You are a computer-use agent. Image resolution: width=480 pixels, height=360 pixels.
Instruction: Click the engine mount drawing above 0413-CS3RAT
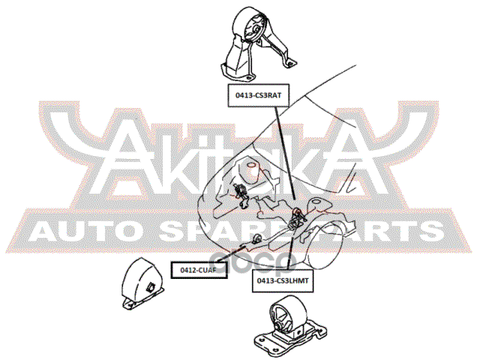(x=251, y=46)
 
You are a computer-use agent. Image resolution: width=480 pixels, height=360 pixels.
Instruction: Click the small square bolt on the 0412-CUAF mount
(x=151, y=287)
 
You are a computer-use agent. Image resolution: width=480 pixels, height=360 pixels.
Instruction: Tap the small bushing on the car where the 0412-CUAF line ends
(x=257, y=238)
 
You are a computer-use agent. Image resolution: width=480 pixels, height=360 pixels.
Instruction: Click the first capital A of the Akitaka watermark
(x=130, y=161)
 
